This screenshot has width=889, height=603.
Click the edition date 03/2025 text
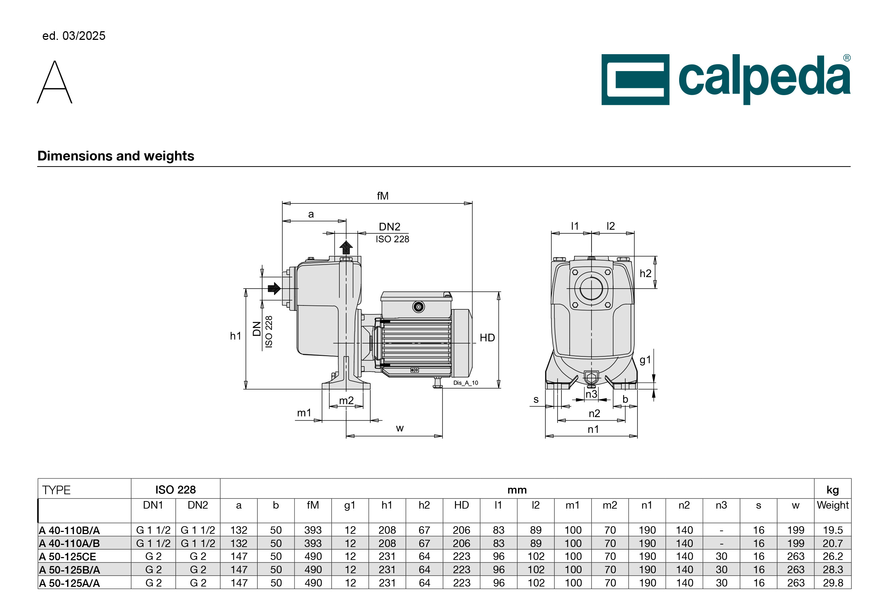[84, 36]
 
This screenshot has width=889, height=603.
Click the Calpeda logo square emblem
[635, 80]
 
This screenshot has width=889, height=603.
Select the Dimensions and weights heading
[116, 156]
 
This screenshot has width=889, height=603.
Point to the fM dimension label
[382, 196]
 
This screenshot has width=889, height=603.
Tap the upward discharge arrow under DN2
[346, 247]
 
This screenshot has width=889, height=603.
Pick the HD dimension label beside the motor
[487, 337]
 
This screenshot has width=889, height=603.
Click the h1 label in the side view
[235, 336]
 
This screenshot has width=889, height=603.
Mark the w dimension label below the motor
[400, 428]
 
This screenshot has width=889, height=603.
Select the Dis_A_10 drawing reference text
[466, 383]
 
